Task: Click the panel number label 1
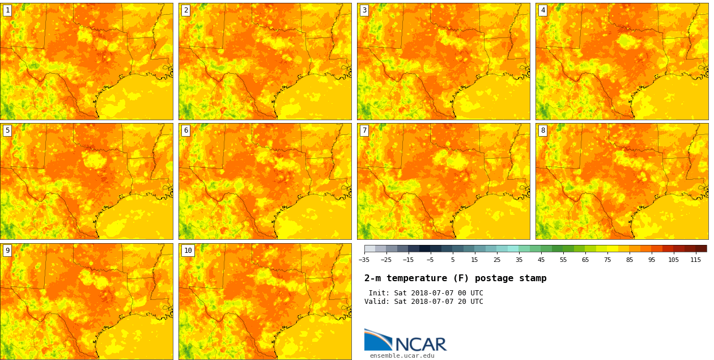coord(7,10)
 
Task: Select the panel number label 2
coord(186,10)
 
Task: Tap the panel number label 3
coord(364,10)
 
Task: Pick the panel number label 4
coord(543,10)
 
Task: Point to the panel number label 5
coord(7,130)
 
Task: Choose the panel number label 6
coord(186,130)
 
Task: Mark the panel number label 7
coord(364,130)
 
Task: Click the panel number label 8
coord(543,130)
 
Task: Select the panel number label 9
coord(7,251)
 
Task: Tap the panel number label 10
coord(188,251)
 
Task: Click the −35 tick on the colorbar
coord(364,260)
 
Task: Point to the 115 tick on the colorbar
coord(695,260)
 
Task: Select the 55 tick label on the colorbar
coord(563,260)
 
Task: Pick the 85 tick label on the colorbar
coord(630,260)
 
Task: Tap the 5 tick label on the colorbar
coord(453,260)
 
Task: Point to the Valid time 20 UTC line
coord(424,302)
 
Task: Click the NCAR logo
coord(405,341)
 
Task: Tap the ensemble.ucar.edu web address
coord(402,355)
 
